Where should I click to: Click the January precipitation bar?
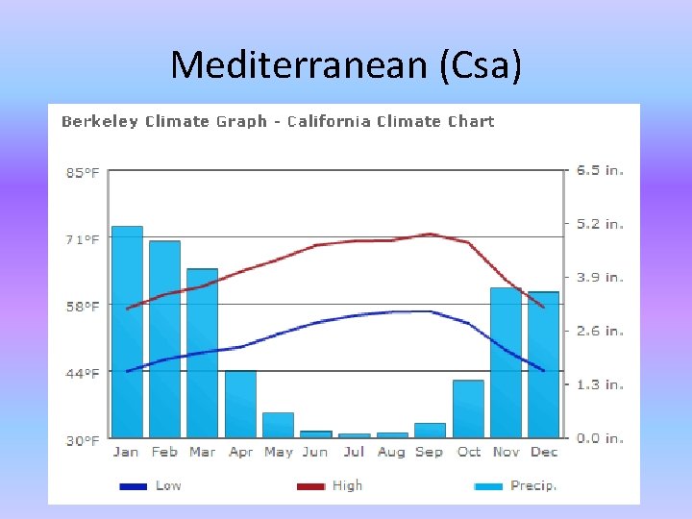click(127, 332)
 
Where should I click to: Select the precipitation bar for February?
click(164, 338)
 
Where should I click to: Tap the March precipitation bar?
click(202, 353)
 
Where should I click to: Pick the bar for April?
click(240, 404)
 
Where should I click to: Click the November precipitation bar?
click(506, 362)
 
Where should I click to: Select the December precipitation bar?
click(543, 364)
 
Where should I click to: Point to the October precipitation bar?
click(468, 408)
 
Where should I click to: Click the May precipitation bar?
click(278, 425)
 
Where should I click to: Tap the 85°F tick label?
click(82, 173)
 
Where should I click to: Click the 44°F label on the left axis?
click(82, 373)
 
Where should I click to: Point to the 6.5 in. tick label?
click(600, 170)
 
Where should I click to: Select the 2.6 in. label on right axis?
click(600, 331)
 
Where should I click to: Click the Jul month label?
click(354, 452)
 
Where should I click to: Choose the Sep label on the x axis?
click(429, 452)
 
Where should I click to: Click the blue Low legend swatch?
click(133, 486)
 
